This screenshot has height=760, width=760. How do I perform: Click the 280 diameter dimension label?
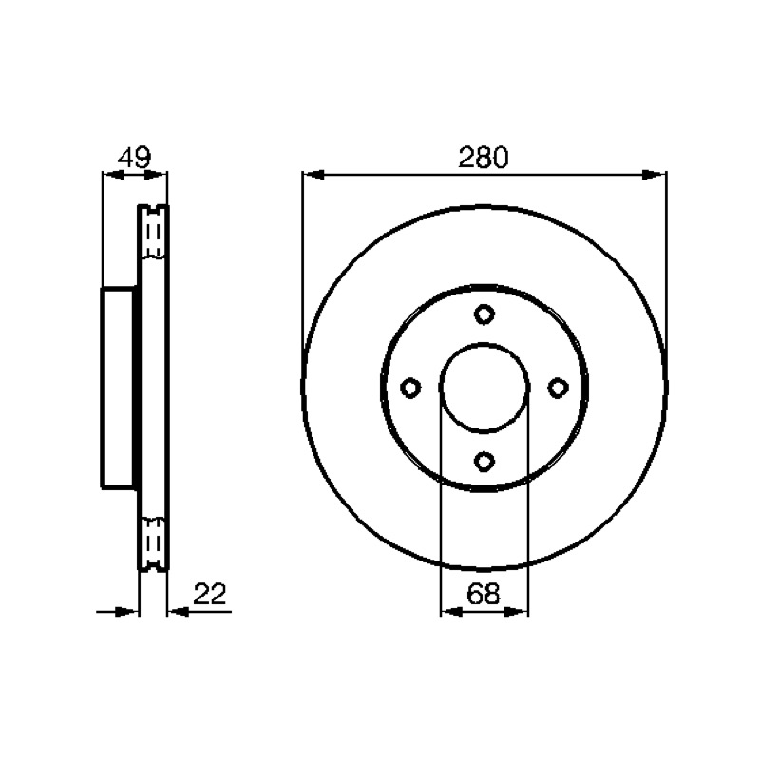click(x=484, y=158)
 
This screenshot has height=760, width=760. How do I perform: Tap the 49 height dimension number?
click(x=135, y=157)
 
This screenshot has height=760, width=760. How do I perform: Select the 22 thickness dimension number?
click(x=210, y=594)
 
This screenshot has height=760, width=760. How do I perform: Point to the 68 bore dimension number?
click(x=484, y=594)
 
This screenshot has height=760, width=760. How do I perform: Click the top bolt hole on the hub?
click(x=484, y=314)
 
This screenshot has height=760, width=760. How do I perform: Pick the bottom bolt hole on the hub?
click(x=484, y=461)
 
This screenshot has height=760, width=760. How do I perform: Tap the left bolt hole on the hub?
click(x=410, y=388)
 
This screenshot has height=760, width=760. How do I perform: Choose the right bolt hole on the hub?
click(x=558, y=388)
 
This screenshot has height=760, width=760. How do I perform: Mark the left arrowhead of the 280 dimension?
click(x=313, y=175)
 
